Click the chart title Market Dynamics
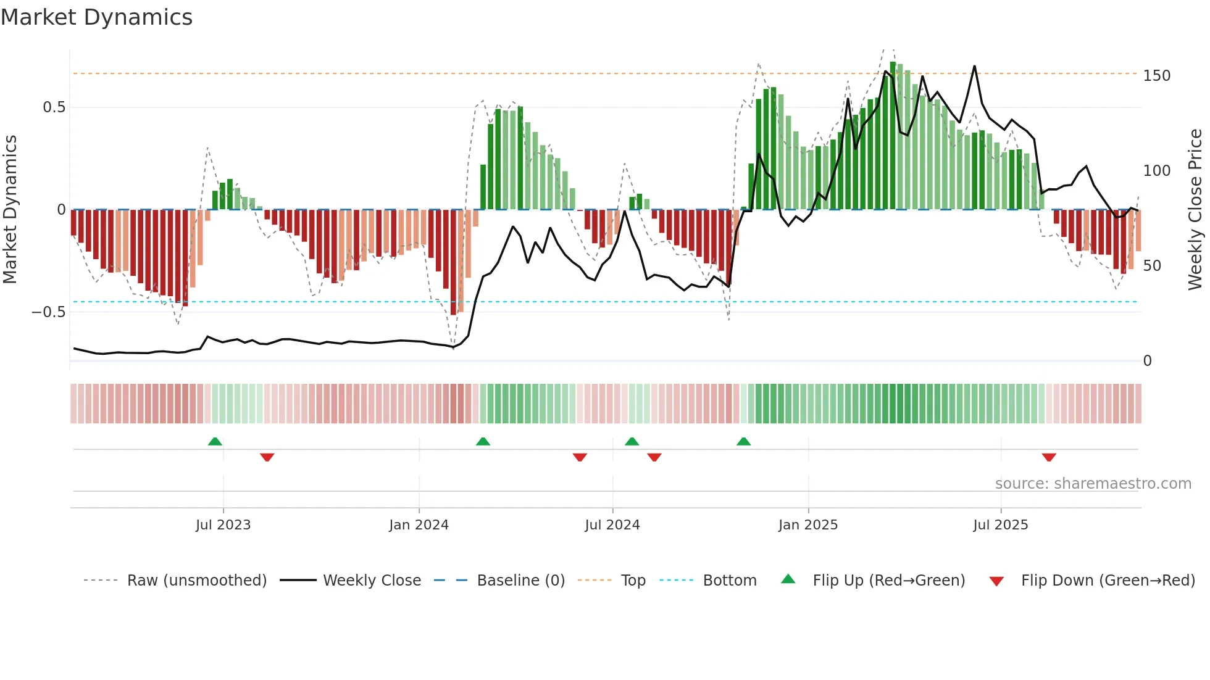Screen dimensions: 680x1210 click(96, 17)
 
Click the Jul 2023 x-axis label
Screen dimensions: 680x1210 click(223, 525)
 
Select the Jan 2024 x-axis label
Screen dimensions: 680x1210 click(419, 525)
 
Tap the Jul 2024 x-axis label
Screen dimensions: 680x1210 click(612, 525)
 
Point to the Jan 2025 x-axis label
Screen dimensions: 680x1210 click(807, 525)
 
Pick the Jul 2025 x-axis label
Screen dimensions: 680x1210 click(1000, 525)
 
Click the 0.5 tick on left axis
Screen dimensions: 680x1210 click(54, 107)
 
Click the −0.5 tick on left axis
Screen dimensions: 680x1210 click(48, 312)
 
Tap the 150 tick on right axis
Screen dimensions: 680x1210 click(1156, 76)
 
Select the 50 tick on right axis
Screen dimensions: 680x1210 click(1152, 266)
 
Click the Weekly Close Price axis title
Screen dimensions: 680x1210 click(1195, 210)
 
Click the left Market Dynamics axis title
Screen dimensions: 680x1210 click(10, 210)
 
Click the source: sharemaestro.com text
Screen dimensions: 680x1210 click(1093, 484)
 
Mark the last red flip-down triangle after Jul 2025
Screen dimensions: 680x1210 click(1048, 457)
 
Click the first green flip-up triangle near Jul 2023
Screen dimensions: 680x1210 click(215, 441)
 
